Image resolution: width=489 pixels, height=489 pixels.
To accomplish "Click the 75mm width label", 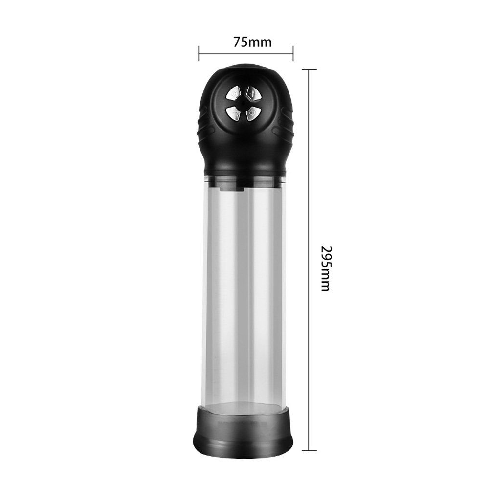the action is tap(253, 42).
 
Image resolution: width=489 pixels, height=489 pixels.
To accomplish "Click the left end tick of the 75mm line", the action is tap(199, 54).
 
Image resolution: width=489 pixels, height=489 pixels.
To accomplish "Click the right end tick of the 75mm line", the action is tap(292, 54).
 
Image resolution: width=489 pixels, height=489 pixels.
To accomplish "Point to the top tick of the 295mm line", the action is tap(308, 70).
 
